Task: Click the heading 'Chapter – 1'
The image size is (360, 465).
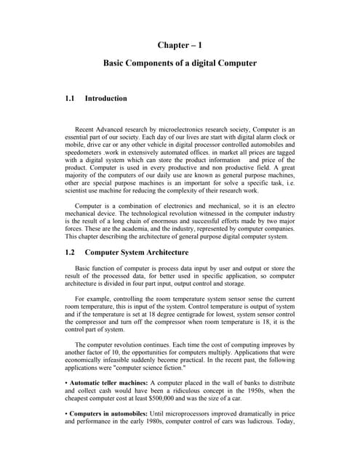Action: pyautogui.click(x=180, y=46)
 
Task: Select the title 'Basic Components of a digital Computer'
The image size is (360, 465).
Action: pyautogui.click(x=180, y=63)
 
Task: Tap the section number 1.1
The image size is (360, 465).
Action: pyautogui.click(x=71, y=98)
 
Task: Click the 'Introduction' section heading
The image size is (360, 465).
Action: pyautogui.click(x=106, y=98)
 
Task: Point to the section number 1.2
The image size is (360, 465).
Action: pyautogui.click(x=71, y=253)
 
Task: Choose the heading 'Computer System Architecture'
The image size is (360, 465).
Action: pyautogui.click(x=137, y=253)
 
